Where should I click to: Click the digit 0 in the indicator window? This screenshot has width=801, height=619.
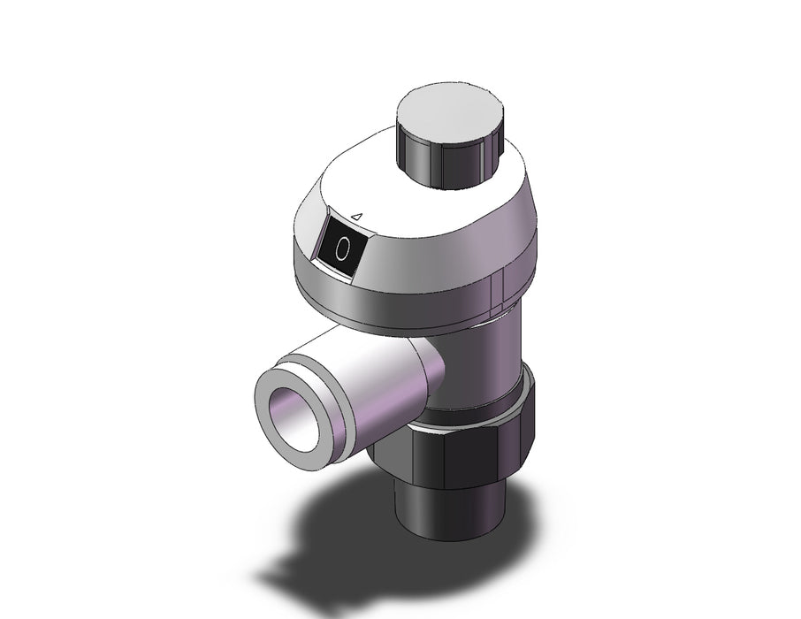coord(343,248)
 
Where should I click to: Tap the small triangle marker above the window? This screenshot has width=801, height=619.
coord(358,217)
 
